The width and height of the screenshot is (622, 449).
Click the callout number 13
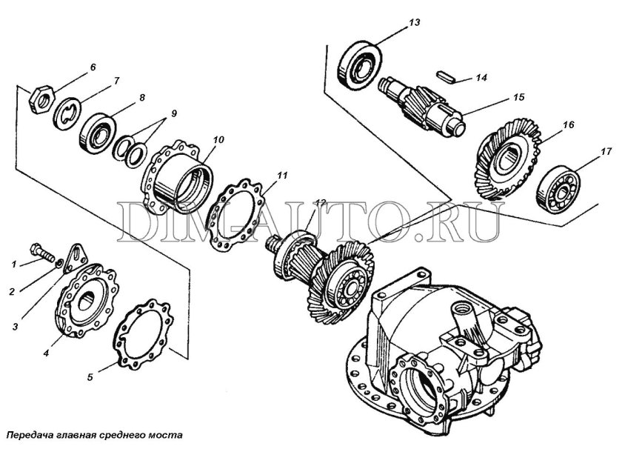click(414, 23)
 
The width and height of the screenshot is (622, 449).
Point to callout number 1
click(13, 263)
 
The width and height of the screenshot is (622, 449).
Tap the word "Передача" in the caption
click(27, 435)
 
